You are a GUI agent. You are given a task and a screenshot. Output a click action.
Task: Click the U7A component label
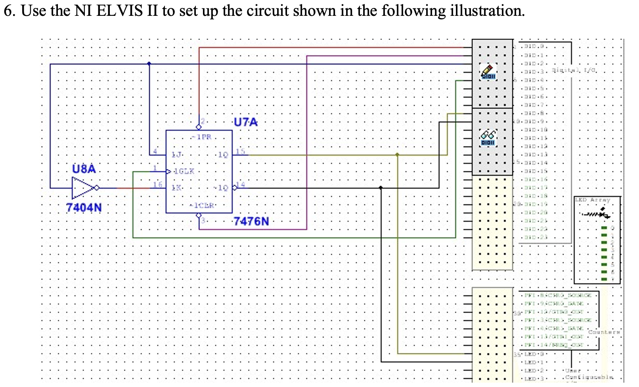click(x=245, y=122)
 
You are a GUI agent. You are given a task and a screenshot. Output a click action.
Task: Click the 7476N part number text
click(x=251, y=221)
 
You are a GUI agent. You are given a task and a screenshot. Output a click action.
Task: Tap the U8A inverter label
click(x=84, y=169)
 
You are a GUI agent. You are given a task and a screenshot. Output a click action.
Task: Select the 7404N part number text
click(x=84, y=207)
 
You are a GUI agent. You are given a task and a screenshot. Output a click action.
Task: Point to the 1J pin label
click(x=176, y=154)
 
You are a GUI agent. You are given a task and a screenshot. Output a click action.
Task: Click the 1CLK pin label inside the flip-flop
click(x=184, y=171)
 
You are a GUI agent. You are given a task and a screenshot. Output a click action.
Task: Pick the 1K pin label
click(x=176, y=188)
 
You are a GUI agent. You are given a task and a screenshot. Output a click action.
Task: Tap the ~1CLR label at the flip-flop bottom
click(x=202, y=205)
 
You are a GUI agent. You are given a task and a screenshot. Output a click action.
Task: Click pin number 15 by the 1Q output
click(x=240, y=151)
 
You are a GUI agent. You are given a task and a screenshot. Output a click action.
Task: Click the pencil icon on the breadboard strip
click(x=488, y=72)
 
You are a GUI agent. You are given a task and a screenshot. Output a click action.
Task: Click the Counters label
click(x=604, y=332)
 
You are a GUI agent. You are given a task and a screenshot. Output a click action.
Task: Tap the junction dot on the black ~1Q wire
click(x=381, y=188)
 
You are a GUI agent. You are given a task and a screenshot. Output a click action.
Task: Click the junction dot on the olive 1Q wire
click(x=397, y=155)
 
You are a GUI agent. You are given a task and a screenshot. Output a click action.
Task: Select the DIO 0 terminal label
click(x=534, y=46)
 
